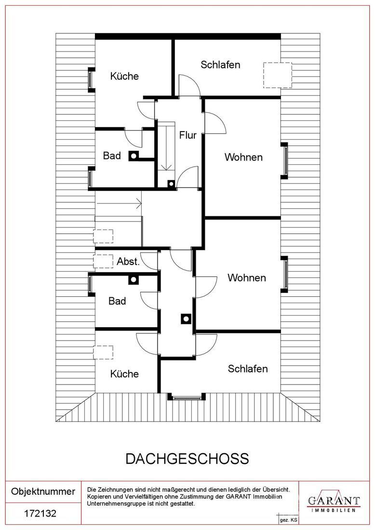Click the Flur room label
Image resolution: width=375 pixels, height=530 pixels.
[188, 135]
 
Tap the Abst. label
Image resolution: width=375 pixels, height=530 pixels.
[128, 262]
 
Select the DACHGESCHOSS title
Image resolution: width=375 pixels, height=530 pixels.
[187, 458]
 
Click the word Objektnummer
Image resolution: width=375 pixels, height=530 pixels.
[43, 491]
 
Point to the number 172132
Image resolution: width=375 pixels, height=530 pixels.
[40, 514]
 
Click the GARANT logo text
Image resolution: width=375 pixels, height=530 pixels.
[334, 500]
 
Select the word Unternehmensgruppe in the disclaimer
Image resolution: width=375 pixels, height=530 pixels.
[119, 503]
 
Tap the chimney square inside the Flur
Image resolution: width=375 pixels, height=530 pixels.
[171, 184]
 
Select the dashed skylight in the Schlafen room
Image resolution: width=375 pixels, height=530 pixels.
[277, 75]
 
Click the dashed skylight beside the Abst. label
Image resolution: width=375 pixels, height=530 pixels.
[103, 261]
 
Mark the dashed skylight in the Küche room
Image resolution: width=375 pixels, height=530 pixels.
[103, 353]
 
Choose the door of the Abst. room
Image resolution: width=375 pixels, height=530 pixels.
[149, 261]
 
